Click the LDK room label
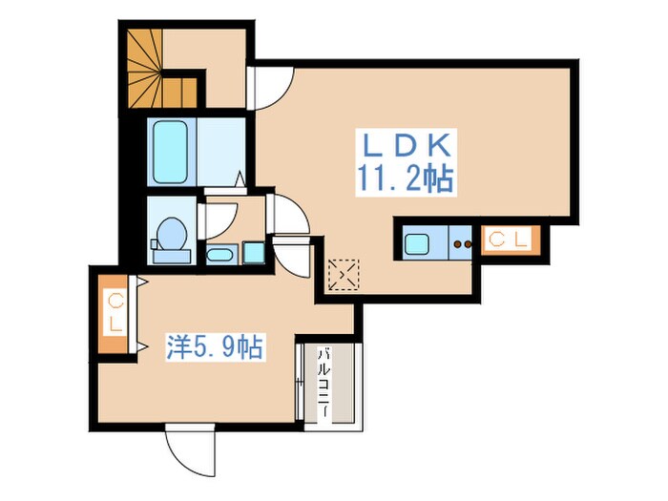[407, 145]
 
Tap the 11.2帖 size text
[405, 178]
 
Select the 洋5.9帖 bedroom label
[215, 346]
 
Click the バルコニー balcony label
[324, 383]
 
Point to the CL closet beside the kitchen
[511, 240]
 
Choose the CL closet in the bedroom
[114, 314]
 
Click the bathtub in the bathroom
[170, 152]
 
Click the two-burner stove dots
[462, 244]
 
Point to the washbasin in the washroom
[219, 255]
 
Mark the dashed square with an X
[344, 275]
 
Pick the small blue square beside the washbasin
[254, 253]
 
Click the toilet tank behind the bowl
[172, 257]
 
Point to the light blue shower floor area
[221, 152]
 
